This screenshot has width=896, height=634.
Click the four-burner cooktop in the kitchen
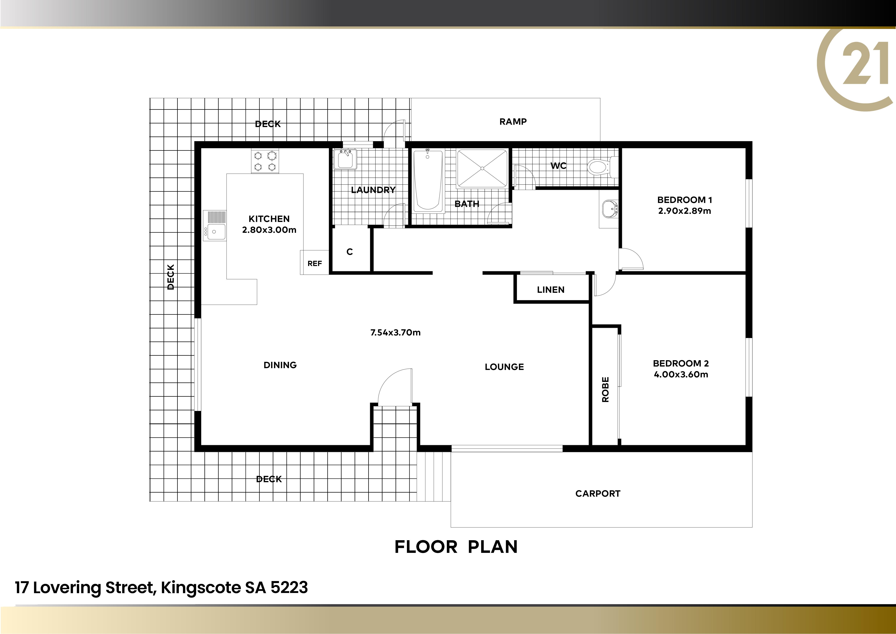265,162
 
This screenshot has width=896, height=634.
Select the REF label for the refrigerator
315,264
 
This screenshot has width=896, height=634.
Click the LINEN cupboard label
551,290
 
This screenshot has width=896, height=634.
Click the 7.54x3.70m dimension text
395,333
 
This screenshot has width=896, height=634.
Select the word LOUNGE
504,367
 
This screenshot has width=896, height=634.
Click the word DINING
280,365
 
